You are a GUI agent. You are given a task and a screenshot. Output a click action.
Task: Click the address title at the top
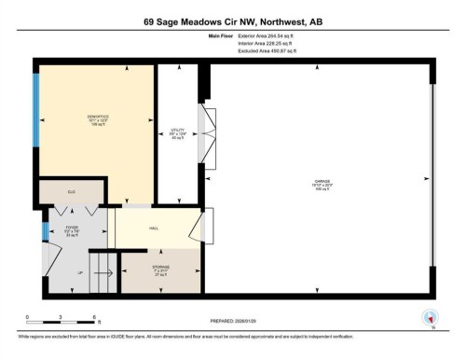232,18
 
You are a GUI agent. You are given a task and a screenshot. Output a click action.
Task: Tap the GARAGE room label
323,184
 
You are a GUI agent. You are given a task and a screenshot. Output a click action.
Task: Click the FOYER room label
70,229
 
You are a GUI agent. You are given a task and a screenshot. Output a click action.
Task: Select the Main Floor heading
221,36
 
